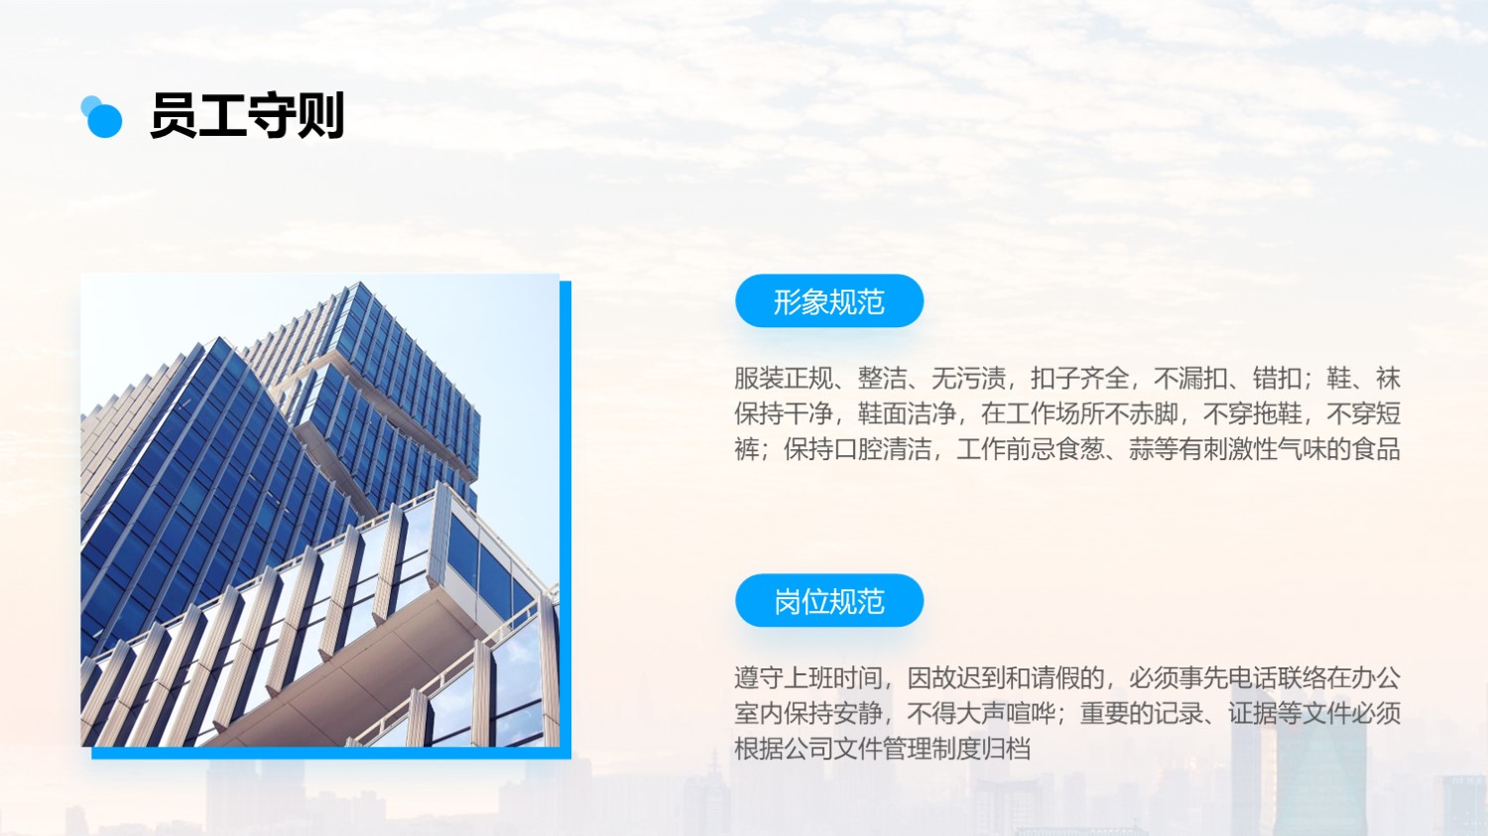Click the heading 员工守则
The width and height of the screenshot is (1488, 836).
click(246, 116)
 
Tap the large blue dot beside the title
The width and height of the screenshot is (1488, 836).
click(105, 120)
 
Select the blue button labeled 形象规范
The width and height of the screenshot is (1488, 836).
click(829, 300)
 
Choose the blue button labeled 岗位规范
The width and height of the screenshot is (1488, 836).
click(829, 600)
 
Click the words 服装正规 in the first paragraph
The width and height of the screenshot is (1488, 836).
click(784, 378)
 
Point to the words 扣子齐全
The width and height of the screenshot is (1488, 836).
click(1080, 378)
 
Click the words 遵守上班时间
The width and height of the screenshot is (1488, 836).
click(808, 678)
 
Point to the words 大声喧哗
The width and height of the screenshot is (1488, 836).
click(1007, 714)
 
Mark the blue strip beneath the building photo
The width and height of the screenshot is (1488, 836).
click(330, 753)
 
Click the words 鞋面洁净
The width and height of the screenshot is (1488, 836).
click(908, 414)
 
